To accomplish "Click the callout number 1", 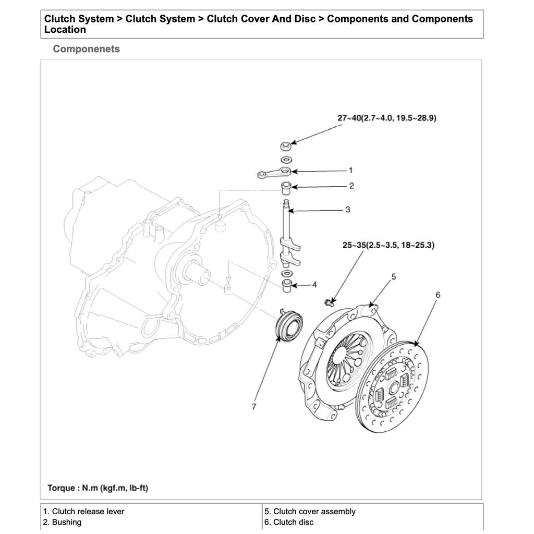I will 350,170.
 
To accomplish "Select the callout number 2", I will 351,186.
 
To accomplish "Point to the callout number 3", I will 347,210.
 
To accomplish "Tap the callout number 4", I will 314,285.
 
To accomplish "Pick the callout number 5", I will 394,276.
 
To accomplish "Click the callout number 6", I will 438,295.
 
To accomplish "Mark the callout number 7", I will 254,407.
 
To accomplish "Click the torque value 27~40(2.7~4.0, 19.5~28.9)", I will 386,118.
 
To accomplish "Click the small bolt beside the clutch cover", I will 329,301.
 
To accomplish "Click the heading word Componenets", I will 86,49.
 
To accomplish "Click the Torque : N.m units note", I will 98,488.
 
